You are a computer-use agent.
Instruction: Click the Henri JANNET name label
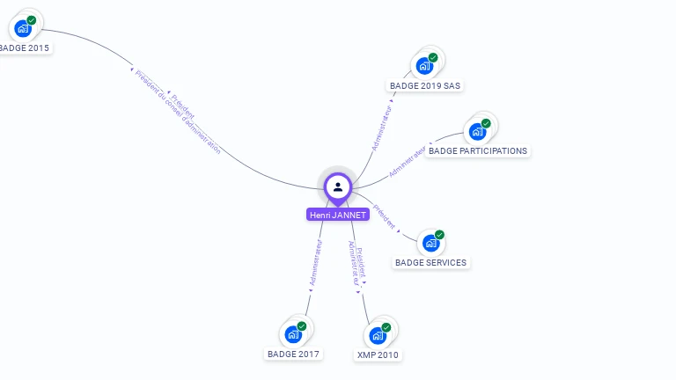(x=338, y=215)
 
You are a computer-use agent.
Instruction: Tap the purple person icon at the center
(x=338, y=186)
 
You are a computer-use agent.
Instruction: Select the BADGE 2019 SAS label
(x=426, y=85)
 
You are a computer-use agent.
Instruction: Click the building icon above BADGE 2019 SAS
(x=424, y=66)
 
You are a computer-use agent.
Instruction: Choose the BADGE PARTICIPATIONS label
(x=478, y=150)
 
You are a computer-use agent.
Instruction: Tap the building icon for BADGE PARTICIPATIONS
(x=477, y=132)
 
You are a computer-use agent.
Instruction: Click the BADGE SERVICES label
(x=430, y=262)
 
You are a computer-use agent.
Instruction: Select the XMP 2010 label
(x=378, y=354)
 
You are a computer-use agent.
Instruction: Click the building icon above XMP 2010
(x=378, y=335)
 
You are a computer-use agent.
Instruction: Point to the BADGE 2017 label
(x=294, y=354)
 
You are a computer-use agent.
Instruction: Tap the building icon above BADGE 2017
(x=293, y=334)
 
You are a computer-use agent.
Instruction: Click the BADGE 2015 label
(x=24, y=47)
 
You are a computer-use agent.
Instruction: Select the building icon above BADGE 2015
(x=23, y=28)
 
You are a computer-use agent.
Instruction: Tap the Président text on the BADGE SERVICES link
(x=385, y=217)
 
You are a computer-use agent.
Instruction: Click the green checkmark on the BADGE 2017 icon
(x=302, y=326)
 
